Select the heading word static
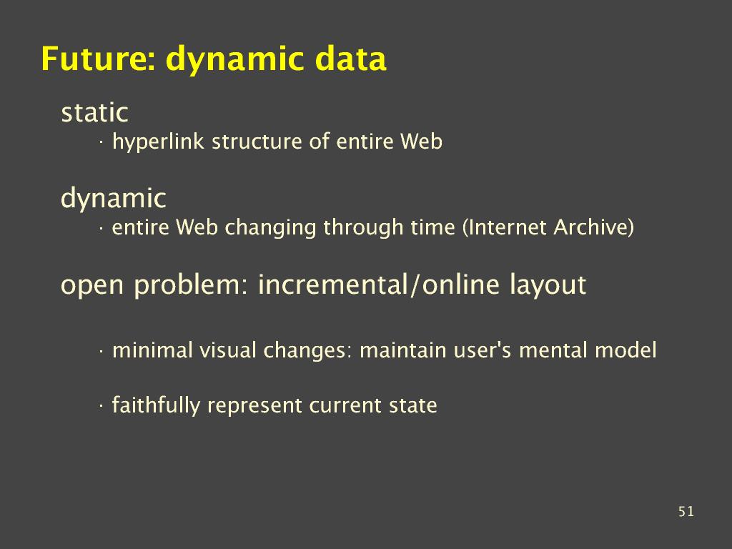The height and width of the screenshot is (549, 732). [95, 112]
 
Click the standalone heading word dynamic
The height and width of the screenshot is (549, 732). [114, 199]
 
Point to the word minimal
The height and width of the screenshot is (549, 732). [153, 350]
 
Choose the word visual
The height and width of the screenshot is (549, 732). [228, 350]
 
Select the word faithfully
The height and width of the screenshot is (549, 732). [156, 406]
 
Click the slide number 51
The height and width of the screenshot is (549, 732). [686, 512]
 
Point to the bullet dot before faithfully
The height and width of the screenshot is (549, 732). [100, 406]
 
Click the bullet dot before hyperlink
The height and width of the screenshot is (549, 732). [100, 143]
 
